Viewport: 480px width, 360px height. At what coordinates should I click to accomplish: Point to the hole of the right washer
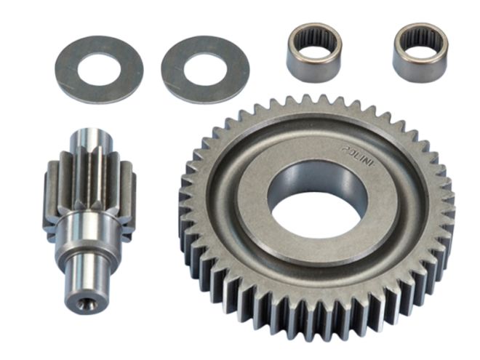click(x=206, y=69)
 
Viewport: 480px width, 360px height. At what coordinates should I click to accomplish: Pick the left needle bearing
click(x=313, y=52)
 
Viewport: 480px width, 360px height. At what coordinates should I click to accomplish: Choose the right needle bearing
click(x=420, y=52)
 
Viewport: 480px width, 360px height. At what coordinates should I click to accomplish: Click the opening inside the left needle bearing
click(x=313, y=36)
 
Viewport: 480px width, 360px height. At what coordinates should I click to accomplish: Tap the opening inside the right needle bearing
click(x=420, y=37)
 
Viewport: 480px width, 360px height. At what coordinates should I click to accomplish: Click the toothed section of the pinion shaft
click(x=91, y=185)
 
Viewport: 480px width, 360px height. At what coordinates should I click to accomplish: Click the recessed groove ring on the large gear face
click(x=240, y=218)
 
